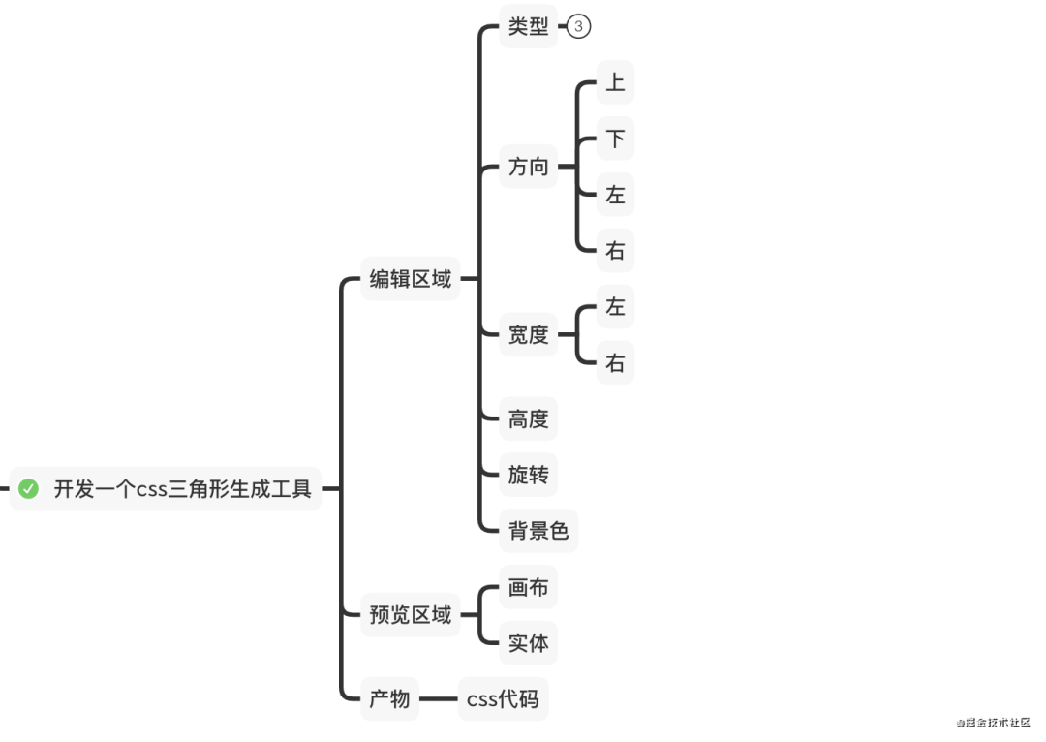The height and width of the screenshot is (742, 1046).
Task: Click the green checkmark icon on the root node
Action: point(28,489)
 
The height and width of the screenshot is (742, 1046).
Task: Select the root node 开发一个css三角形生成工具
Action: point(166,489)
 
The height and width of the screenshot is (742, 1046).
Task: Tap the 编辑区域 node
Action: point(411,278)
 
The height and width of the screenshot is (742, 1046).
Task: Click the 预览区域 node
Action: point(411,614)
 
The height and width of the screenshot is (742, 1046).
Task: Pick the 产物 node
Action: point(389,698)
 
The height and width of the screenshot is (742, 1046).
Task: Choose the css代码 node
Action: point(503,698)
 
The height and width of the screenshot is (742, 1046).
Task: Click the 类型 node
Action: point(529,26)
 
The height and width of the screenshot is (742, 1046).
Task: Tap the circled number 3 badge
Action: point(578,26)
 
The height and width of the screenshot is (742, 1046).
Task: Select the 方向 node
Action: point(529,167)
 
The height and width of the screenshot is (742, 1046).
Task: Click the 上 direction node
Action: point(615,82)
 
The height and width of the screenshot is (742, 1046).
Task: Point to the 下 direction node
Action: point(615,139)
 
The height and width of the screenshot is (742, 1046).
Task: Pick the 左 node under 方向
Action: point(615,194)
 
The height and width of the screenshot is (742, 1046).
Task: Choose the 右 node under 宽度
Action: point(615,362)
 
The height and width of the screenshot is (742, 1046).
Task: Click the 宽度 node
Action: point(529,334)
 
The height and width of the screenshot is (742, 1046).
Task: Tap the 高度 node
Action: point(529,418)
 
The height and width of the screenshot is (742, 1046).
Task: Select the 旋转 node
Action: point(529,475)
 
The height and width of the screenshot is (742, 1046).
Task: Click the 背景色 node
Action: point(538,531)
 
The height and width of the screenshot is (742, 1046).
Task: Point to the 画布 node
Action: point(529,586)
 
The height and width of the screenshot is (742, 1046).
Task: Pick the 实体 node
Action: point(529,642)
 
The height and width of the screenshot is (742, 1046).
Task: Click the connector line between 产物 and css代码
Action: point(439,698)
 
